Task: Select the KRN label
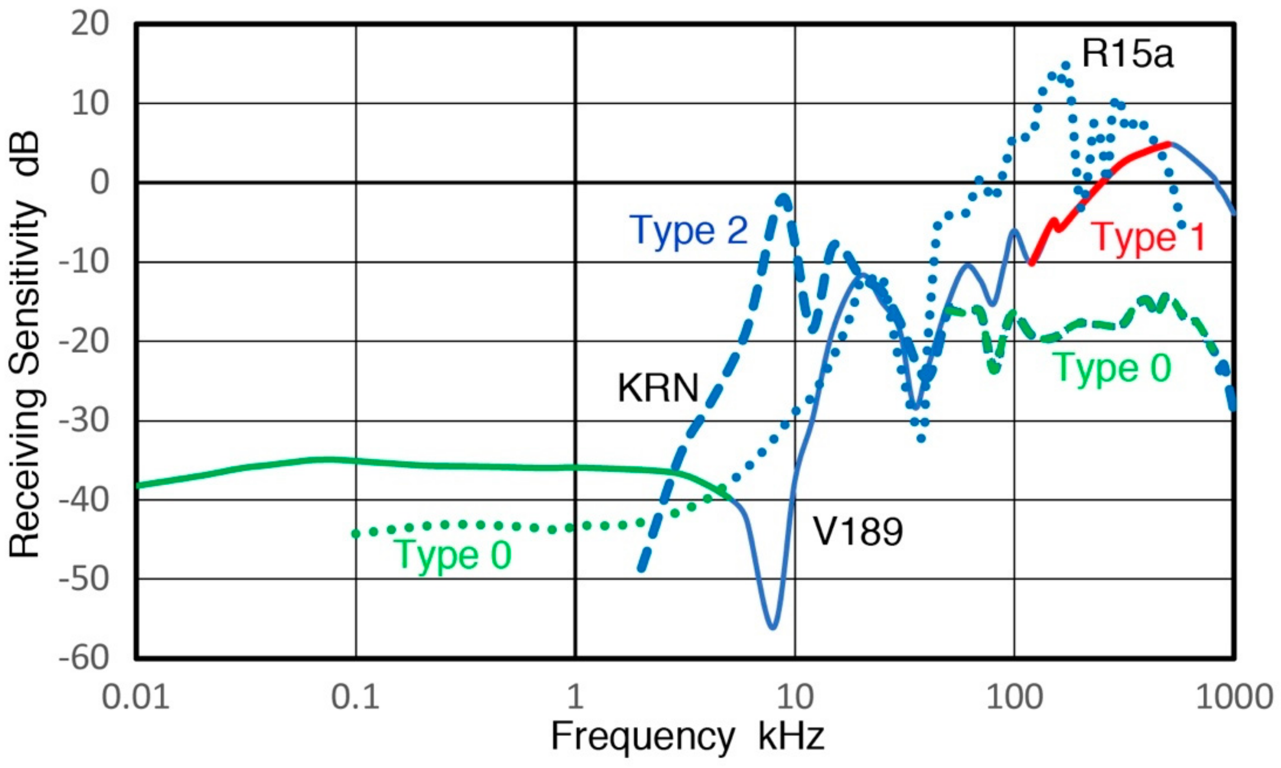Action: tap(658, 388)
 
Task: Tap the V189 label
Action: tap(858, 531)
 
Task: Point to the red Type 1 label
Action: tap(1148, 238)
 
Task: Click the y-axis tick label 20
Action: tap(90, 24)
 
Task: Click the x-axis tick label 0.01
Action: tap(136, 697)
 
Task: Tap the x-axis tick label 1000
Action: tap(1234, 697)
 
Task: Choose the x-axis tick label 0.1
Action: tap(356, 697)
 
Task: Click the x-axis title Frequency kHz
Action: tap(687, 736)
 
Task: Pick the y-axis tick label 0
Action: tap(100, 183)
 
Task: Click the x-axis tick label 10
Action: tap(795, 697)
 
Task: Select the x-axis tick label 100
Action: tap(1014, 697)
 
